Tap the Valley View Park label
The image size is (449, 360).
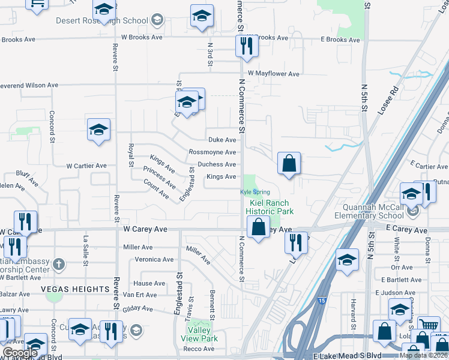[x=199, y=334]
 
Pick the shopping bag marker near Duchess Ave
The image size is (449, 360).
[x=289, y=163]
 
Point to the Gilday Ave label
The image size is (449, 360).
[x=137, y=308]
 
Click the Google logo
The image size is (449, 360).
[x=20, y=353]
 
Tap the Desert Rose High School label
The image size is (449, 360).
[x=101, y=20]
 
